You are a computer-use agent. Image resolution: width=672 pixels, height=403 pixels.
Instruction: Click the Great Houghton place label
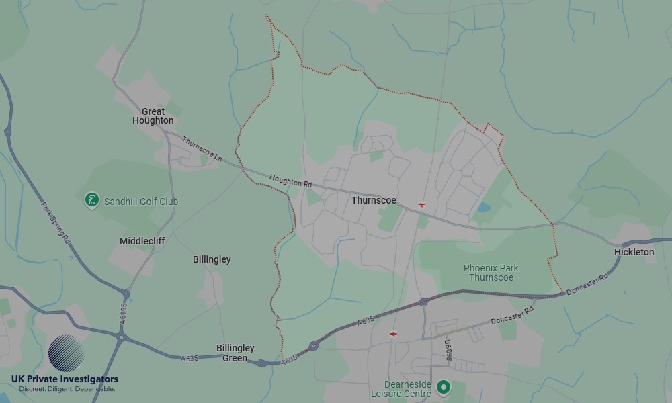tap(153, 116)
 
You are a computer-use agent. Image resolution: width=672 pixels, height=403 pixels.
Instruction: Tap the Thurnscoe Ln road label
tap(202, 148)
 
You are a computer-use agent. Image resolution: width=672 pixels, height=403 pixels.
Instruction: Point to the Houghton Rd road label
tap(291, 180)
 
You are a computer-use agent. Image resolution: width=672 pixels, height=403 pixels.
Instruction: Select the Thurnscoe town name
tap(374, 201)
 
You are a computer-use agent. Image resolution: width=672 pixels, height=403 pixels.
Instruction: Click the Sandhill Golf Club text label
tap(141, 201)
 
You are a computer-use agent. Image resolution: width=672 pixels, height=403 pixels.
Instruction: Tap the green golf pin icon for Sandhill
tap(92, 199)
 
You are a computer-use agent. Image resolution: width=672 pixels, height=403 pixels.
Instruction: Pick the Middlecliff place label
tap(142, 241)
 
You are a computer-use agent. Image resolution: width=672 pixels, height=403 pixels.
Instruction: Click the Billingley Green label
tap(235, 353)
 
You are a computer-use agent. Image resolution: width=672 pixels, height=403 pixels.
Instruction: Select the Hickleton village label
tap(634, 252)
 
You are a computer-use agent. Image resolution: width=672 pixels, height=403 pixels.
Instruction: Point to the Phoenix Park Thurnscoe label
tap(491, 273)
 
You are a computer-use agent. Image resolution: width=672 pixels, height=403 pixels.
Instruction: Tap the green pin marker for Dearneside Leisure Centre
tap(443, 387)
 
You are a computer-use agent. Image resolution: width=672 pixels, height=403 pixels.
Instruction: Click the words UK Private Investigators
tap(65, 379)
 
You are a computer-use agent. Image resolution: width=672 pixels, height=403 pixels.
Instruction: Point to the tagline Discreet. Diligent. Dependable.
tap(67, 389)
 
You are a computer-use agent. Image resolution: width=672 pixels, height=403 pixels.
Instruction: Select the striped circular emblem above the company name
tap(67, 353)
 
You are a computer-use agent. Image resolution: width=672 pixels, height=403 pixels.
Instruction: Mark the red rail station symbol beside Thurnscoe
tap(421, 205)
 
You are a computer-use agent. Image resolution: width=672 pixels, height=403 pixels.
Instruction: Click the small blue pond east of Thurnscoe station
tap(483, 208)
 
